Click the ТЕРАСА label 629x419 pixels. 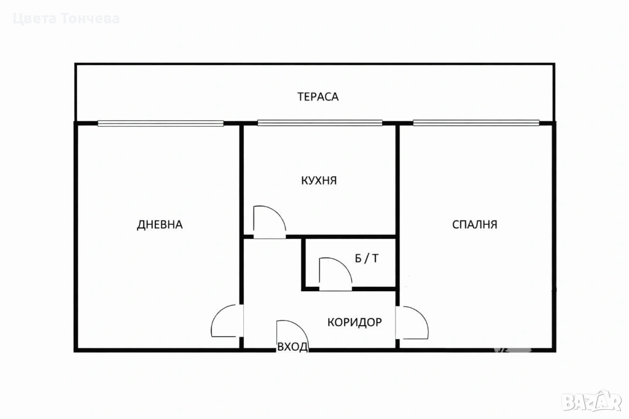(x=318, y=96)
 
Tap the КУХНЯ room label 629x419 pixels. (x=319, y=181)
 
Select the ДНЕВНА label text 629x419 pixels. (x=160, y=225)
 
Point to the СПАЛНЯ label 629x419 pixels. (x=475, y=224)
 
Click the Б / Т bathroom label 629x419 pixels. (x=366, y=259)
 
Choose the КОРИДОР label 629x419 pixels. (x=354, y=322)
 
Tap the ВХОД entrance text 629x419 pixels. (x=292, y=347)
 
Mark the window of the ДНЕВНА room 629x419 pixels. (x=160, y=123)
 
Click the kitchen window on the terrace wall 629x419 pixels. (x=319, y=123)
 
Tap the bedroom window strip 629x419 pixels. (x=476, y=123)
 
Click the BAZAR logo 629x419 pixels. (x=592, y=401)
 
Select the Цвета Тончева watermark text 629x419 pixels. (x=66, y=19)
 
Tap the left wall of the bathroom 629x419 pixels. (x=303, y=263)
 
